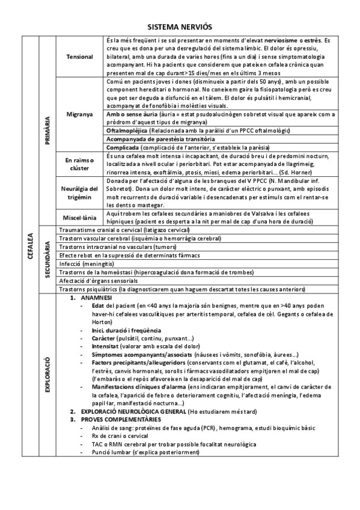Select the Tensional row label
click(79, 57)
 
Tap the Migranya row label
click(79, 113)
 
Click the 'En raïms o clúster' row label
click(79, 164)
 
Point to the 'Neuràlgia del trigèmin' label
click(79, 194)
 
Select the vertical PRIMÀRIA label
click(47, 129)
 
